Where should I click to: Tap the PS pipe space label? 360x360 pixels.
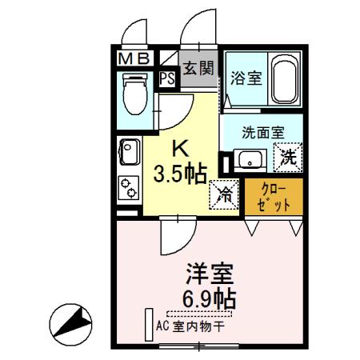click(x=168, y=78)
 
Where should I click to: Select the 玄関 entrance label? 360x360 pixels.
click(x=198, y=69)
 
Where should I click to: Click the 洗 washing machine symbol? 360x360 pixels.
click(x=288, y=158)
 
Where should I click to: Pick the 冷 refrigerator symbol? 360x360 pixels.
click(x=226, y=194)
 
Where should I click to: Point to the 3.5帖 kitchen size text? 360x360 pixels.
click(x=182, y=172)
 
